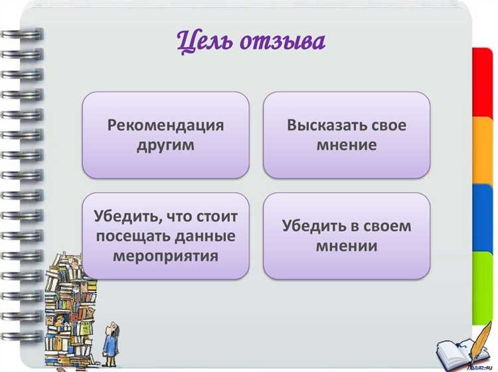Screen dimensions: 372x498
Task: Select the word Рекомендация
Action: (165, 125)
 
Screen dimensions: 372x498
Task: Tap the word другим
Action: (165, 145)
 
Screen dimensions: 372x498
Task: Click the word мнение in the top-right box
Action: (347, 145)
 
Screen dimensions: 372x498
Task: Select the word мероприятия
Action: (165, 255)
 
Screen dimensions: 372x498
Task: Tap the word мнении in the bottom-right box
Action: (347, 246)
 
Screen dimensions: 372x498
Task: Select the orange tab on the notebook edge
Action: (482, 150)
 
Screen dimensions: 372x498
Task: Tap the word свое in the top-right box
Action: (388, 125)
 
